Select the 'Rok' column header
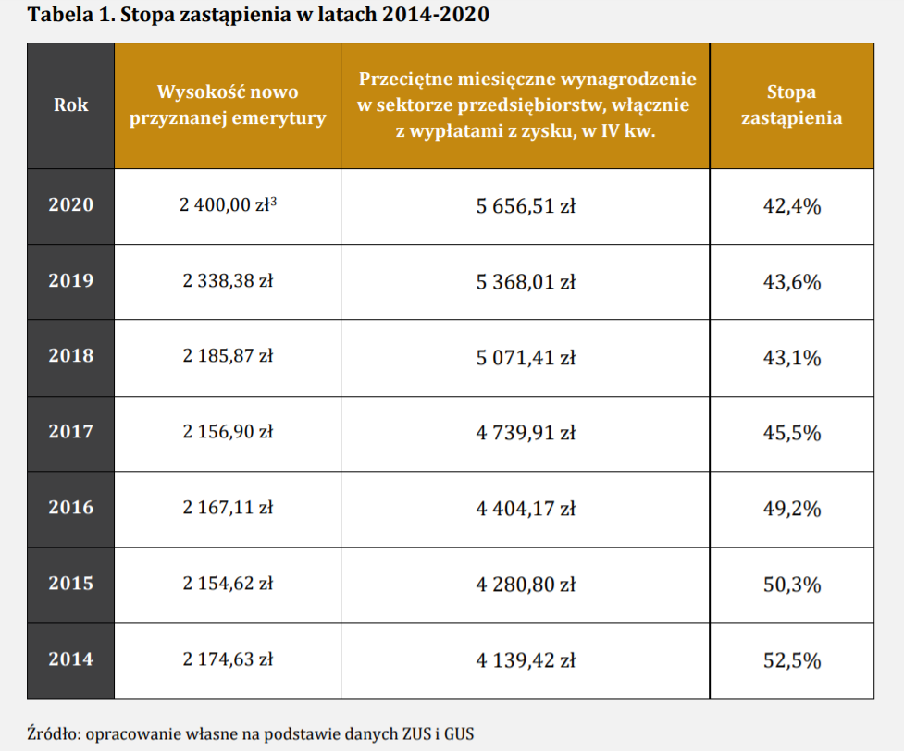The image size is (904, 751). tap(70, 105)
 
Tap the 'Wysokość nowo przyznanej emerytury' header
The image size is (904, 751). tap(228, 105)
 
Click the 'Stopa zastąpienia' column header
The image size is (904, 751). tap(791, 105)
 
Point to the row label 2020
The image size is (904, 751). tap(70, 205)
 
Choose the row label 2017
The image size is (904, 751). tap(70, 432)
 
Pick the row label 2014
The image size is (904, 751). tap(70, 659)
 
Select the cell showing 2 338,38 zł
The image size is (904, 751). tap(228, 281)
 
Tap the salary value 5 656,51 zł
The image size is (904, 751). tap(526, 206)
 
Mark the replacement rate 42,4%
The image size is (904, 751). tap(791, 206)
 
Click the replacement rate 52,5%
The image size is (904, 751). tap(791, 660)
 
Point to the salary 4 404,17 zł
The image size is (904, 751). tap(526, 508)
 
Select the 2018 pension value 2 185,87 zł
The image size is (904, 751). tap(228, 357)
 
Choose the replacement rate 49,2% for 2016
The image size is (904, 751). tap(791, 509)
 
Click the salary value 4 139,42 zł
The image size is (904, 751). tap(526, 660)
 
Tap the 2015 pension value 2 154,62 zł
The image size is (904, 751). tap(228, 584)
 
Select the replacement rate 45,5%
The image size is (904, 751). tap(791, 433)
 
